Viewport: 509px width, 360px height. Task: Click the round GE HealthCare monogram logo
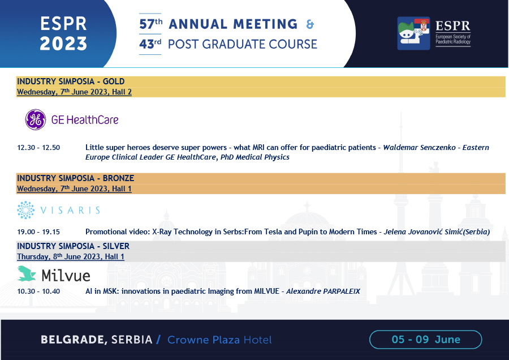coord(36,119)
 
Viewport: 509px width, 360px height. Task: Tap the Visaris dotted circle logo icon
coord(25,210)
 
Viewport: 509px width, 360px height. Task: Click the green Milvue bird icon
coord(27,273)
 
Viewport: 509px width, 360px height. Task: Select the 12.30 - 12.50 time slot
coord(38,148)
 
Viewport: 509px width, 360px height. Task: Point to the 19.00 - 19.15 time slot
coord(38,232)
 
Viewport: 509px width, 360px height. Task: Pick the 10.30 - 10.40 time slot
coord(38,292)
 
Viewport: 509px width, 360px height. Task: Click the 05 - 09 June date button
coord(425,340)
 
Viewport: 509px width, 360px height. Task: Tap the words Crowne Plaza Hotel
coord(219,340)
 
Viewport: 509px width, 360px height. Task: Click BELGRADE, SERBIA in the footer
coord(96,340)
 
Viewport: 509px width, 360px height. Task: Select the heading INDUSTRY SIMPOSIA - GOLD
coord(71,82)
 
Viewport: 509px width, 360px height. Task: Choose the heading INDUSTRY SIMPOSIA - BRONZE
coord(76,178)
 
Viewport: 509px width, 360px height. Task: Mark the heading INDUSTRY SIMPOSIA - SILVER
coord(74,246)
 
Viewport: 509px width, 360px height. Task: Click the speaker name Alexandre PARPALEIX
coord(323,292)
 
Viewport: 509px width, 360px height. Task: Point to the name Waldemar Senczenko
coord(420,148)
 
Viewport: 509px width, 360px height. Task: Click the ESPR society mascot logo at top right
coord(413,33)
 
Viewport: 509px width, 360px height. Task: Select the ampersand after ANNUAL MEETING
coord(310,24)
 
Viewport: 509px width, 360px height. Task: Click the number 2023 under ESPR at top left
coord(63,44)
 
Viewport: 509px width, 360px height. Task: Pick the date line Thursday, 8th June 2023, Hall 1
coord(71,256)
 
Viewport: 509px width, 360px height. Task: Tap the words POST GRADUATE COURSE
coord(243,44)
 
